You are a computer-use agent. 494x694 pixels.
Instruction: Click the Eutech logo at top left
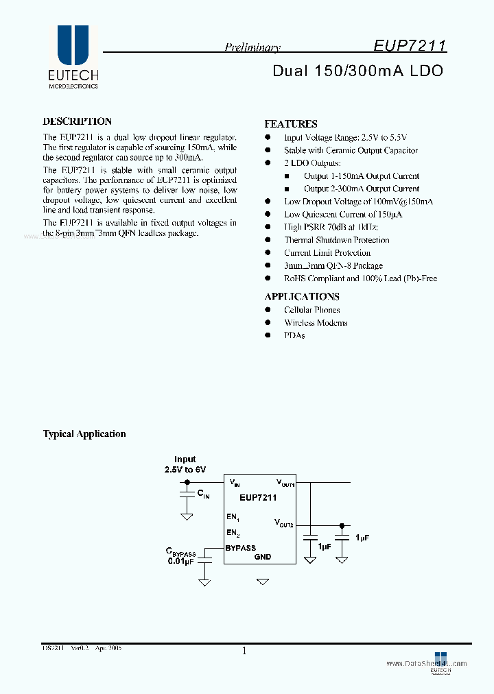click(73, 57)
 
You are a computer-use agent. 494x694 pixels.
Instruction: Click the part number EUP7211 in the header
click(410, 46)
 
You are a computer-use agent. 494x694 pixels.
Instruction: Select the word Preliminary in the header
click(252, 47)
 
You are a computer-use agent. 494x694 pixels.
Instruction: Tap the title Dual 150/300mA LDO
click(357, 71)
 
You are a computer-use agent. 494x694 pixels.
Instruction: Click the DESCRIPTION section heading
click(78, 121)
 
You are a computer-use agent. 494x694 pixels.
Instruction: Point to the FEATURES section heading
click(291, 124)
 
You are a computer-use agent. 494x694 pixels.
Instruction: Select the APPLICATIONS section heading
click(302, 296)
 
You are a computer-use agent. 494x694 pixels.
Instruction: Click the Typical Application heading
click(84, 433)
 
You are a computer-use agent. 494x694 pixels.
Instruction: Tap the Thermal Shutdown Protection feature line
click(336, 240)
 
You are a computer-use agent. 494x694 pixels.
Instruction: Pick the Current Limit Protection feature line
click(327, 253)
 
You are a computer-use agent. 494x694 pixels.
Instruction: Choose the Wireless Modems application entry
click(316, 322)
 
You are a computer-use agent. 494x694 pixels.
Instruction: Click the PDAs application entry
click(294, 335)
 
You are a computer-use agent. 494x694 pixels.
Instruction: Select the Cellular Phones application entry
click(311, 310)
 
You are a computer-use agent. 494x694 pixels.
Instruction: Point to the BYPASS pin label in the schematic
click(240, 548)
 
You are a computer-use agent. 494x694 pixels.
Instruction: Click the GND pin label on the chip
click(263, 557)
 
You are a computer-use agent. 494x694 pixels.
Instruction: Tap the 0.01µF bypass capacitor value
click(182, 561)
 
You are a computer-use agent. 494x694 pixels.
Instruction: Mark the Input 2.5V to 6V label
click(185, 464)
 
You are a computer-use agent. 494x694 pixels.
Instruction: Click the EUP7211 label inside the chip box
click(258, 498)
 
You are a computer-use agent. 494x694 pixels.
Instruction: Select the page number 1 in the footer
click(244, 651)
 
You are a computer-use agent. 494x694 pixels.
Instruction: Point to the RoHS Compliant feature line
click(360, 278)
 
